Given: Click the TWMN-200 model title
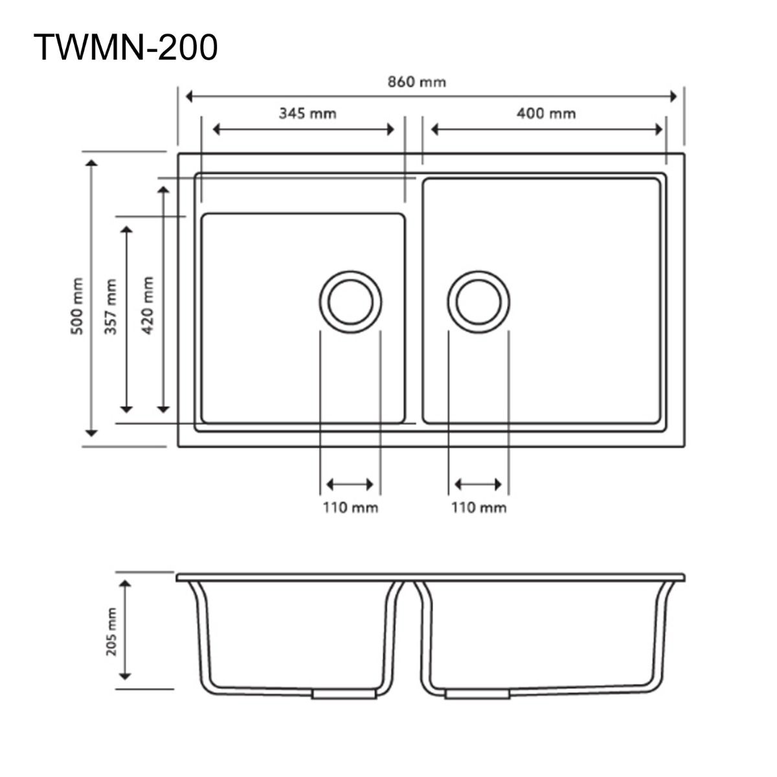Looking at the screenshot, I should [126, 47].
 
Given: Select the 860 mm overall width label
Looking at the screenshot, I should [416, 82].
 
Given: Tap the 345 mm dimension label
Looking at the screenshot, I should [308, 113].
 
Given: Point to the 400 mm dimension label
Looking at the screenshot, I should [546, 113].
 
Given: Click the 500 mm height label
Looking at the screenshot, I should [78, 306].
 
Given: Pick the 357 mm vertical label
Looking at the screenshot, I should [111, 306].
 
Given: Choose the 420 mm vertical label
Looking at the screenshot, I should [148, 305].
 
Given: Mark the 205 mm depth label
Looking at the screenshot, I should [111, 632].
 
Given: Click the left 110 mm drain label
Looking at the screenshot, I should [350, 508].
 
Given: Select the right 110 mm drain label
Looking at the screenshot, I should [479, 508].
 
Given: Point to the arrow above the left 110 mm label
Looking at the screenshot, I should [350, 484].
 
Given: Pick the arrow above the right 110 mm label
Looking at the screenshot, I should [479, 484].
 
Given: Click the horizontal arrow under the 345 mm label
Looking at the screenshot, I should [304, 129].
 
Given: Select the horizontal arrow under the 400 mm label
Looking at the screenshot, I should [548, 129].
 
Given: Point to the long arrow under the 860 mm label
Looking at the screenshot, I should [431, 97].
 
